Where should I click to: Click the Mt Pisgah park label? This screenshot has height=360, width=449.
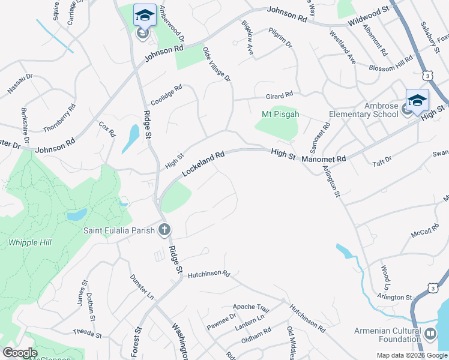[x=280, y=114]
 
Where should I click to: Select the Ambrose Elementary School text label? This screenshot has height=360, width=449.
[x=364, y=110]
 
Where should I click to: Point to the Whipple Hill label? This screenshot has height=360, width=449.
[x=30, y=242]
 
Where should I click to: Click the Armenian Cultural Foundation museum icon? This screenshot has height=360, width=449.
[x=430, y=334]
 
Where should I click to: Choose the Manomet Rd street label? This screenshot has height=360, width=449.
[x=324, y=159]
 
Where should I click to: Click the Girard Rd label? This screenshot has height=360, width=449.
[x=279, y=95]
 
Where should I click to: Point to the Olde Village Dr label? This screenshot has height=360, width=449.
[x=217, y=64]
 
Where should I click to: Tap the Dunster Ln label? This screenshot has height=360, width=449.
[x=142, y=287]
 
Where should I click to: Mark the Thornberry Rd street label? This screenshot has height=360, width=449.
[x=59, y=118]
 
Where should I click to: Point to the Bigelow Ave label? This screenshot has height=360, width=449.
[x=247, y=38]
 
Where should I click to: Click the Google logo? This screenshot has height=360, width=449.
[x=20, y=353]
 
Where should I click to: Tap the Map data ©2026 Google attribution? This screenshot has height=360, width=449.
[x=412, y=355]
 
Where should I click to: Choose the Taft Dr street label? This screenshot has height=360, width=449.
[x=382, y=160]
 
